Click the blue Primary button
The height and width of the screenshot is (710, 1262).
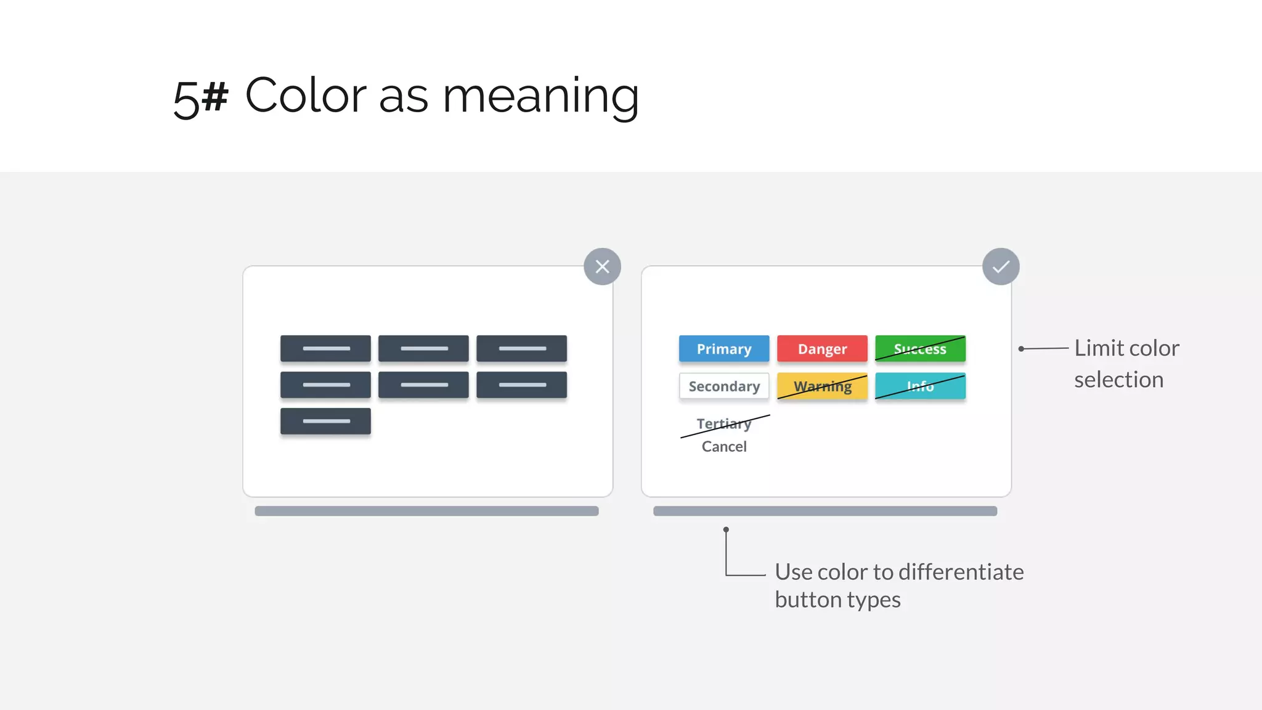723,349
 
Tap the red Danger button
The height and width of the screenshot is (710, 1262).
821,349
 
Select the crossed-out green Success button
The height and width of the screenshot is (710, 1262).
919,349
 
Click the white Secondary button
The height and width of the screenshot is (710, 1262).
723,386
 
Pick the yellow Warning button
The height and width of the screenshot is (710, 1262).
821,386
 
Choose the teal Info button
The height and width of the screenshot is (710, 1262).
919,386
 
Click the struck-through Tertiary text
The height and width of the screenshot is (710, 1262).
723,424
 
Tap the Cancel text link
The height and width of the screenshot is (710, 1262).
723,447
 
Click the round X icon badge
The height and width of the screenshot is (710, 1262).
602,266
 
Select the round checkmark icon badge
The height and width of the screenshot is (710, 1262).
1000,266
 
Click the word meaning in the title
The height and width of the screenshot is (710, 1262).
540,97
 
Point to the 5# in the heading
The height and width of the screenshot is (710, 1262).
200,97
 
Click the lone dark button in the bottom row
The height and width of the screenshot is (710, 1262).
325,421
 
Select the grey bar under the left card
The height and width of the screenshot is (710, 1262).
426,511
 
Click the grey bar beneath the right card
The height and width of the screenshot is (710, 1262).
824,511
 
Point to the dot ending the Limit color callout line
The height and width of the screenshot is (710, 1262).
1021,349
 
